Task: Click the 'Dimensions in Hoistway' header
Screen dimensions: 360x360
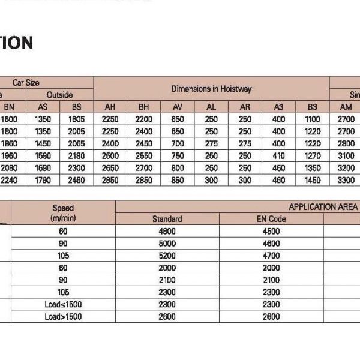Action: point(211,89)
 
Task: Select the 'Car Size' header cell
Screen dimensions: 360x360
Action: point(26,83)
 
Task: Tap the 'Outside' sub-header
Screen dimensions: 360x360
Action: point(59,95)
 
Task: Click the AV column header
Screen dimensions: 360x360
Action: point(178,107)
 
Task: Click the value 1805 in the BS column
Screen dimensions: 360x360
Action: point(77,119)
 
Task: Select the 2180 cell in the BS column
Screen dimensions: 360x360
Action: point(77,155)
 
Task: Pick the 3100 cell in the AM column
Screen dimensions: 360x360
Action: point(346,155)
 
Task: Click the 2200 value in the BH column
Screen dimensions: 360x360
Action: point(144,119)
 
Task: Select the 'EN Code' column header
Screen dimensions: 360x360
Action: point(271,219)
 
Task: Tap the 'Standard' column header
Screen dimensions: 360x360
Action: point(167,219)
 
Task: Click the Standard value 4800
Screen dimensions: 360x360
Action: point(167,231)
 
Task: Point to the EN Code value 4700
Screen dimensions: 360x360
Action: point(271,256)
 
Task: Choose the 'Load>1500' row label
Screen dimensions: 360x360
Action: point(63,317)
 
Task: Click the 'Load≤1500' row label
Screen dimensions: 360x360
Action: point(63,305)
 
